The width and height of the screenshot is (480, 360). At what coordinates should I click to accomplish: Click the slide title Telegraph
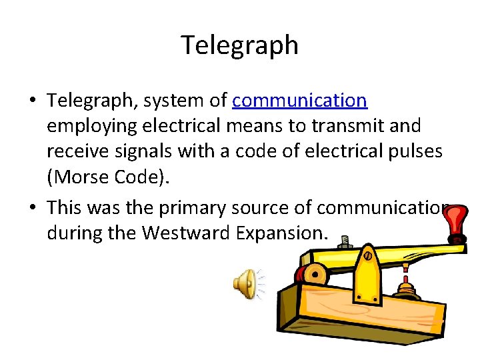239,45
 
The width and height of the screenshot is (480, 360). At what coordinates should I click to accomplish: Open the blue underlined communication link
300,101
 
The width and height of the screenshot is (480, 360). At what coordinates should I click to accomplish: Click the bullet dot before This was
33,208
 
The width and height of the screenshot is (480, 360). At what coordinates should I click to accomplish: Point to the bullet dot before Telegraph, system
33,101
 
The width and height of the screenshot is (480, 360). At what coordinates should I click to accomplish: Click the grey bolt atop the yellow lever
345,241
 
